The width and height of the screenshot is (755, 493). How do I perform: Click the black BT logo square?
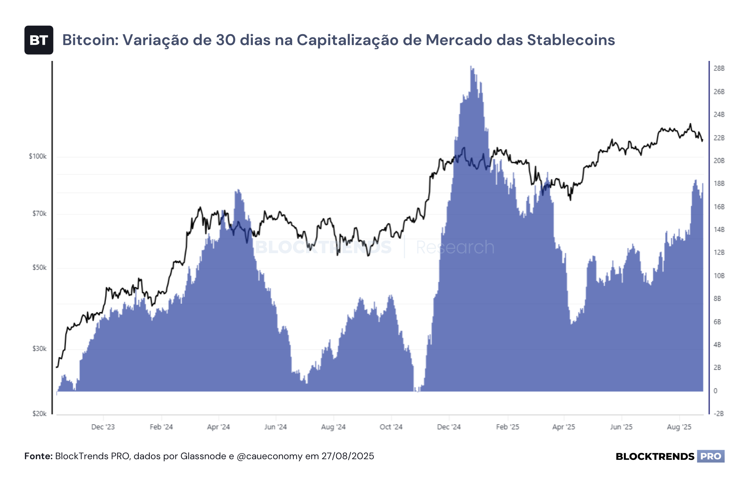pyautogui.click(x=39, y=40)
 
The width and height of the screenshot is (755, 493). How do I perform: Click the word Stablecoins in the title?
pyautogui.click(x=571, y=40)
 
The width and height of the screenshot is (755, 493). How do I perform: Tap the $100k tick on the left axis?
pyautogui.click(x=38, y=156)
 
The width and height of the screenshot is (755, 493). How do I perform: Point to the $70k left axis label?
pyautogui.click(x=39, y=214)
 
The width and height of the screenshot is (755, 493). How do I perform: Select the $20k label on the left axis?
pyautogui.click(x=39, y=414)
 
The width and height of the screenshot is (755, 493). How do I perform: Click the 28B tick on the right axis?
pyautogui.click(x=719, y=68)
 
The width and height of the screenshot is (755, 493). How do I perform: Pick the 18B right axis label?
pyautogui.click(x=719, y=183)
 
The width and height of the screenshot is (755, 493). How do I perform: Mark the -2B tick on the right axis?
pyautogui.click(x=719, y=414)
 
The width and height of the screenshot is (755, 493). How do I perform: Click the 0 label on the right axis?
pyautogui.click(x=715, y=391)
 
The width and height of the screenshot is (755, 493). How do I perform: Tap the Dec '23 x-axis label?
pyautogui.click(x=103, y=427)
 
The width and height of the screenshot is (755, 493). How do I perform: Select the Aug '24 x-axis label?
pyautogui.click(x=333, y=427)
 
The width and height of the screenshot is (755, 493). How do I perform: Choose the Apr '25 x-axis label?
pyautogui.click(x=563, y=427)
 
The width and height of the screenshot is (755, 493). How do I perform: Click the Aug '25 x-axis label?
pyautogui.click(x=679, y=427)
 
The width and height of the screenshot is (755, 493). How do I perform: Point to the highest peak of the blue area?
pyautogui.click(x=471, y=66)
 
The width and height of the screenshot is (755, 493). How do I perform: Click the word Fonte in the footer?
pyautogui.click(x=37, y=456)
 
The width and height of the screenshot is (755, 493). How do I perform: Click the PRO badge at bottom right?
pyautogui.click(x=711, y=456)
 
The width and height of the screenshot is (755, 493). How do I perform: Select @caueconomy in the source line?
pyautogui.click(x=269, y=457)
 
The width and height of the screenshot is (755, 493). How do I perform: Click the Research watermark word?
pyautogui.click(x=455, y=247)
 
